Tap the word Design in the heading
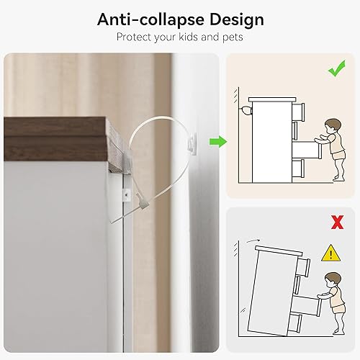tap(234, 19)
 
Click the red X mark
tap(336, 222)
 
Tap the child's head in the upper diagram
tap(331, 127)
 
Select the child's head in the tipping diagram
tap(331, 280)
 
